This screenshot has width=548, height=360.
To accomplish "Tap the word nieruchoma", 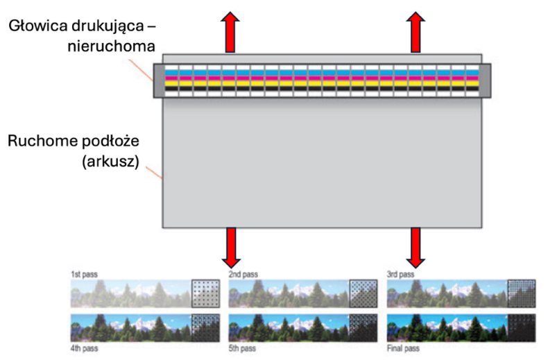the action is click(111, 46).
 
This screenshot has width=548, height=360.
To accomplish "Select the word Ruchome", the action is click(42, 141).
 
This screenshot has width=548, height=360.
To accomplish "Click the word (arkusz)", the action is click(111, 162).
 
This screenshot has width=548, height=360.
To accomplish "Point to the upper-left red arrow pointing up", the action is click(230, 32).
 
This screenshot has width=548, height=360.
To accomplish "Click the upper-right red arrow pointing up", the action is click(416, 32).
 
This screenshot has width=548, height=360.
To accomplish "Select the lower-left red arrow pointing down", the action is click(231, 248).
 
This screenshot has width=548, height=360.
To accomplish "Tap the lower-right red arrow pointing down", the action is click(416, 248).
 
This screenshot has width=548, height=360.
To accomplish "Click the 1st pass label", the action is click(84, 275).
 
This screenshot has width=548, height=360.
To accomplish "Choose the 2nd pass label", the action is click(243, 275).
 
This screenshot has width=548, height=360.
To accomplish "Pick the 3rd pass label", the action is click(400, 275).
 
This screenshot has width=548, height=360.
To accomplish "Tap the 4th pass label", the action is click(84, 348).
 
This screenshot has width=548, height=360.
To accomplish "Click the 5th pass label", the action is click(242, 348).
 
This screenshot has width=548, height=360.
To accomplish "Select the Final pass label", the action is click(403, 348).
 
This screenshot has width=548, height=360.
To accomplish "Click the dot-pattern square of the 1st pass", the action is click(205, 293).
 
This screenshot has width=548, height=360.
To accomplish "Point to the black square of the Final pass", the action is click(522, 328).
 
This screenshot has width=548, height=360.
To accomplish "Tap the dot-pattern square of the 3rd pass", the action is click(522, 293).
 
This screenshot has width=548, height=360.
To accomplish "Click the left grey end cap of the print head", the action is click(159, 80).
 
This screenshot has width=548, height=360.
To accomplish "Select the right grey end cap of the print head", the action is click(485, 80).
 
